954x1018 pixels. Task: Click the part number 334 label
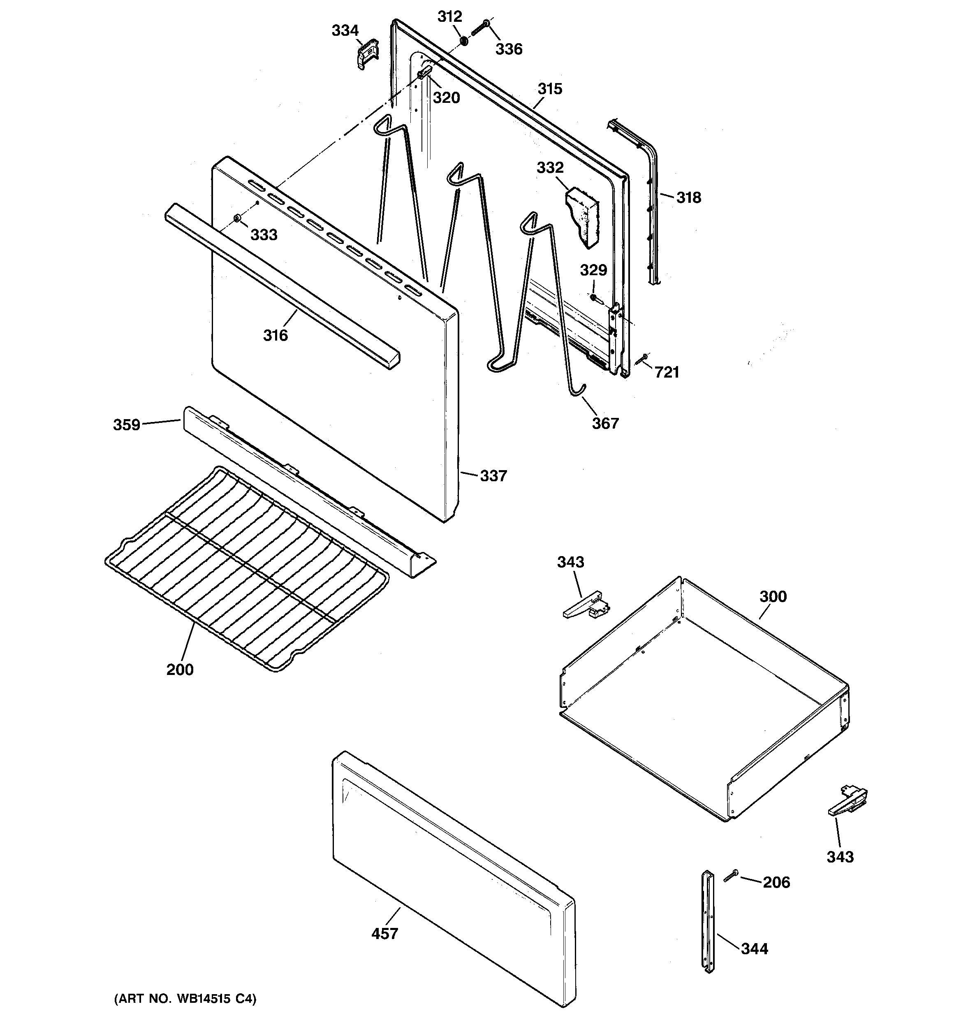tap(345, 31)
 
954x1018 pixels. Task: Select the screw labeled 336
tap(479, 28)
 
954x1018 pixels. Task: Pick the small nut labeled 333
tap(236, 219)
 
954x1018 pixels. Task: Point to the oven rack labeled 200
tap(246, 568)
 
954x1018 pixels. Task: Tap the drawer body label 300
tap(773, 596)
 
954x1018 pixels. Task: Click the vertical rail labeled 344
tap(708, 922)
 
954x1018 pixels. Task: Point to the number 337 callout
tap(493, 476)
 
